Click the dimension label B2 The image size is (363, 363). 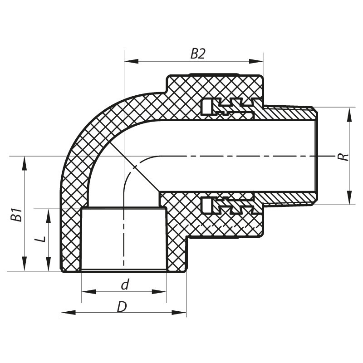tap(198, 54)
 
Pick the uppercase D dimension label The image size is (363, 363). tap(122, 307)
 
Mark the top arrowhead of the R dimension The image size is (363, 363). tap(349, 113)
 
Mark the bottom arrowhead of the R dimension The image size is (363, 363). tap(349, 199)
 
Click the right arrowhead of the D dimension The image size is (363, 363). tap(181, 313)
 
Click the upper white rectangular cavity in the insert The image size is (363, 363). tap(206, 108)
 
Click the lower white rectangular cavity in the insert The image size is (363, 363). tap(206, 205)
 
